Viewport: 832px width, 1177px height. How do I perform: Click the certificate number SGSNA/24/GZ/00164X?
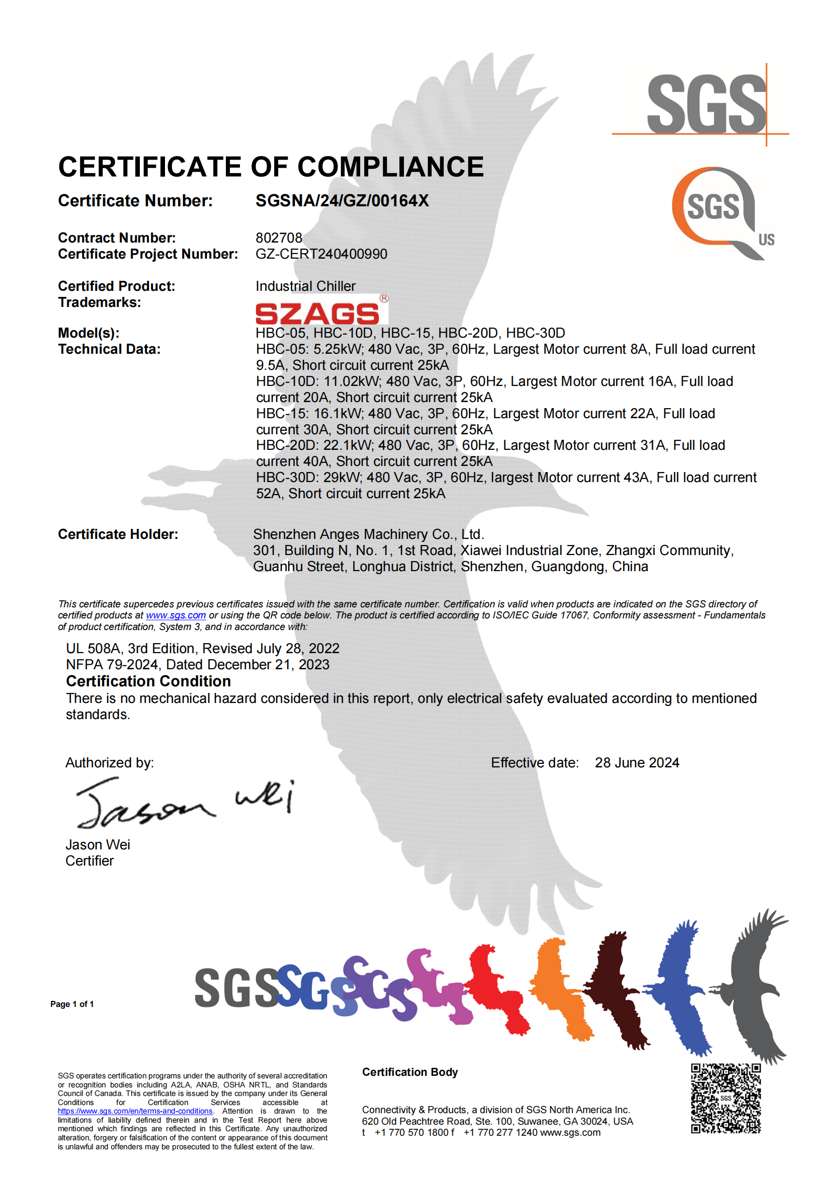click(x=342, y=200)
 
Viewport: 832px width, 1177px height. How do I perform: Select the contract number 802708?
click(x=279, y=238)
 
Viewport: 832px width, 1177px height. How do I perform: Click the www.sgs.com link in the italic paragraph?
click(x=176, y=615)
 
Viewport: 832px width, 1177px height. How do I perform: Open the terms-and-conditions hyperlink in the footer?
click(x=135, y=1111)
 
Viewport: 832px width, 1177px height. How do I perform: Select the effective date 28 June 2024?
click(x=637, y=763)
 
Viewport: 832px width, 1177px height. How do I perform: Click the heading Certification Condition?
click(x=148, y=681)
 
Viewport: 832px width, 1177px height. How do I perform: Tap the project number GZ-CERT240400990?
click(x=321, y=254)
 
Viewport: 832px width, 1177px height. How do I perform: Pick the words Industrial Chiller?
click(x=305, y=286)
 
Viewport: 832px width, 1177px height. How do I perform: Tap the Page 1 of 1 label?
click(x=72, y=1004)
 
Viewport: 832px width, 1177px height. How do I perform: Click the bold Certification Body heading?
click(x=410, y=1072)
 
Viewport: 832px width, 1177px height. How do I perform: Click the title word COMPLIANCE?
click(x=390, y=167)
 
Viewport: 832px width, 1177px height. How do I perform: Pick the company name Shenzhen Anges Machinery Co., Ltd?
click(x=368, y=534)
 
